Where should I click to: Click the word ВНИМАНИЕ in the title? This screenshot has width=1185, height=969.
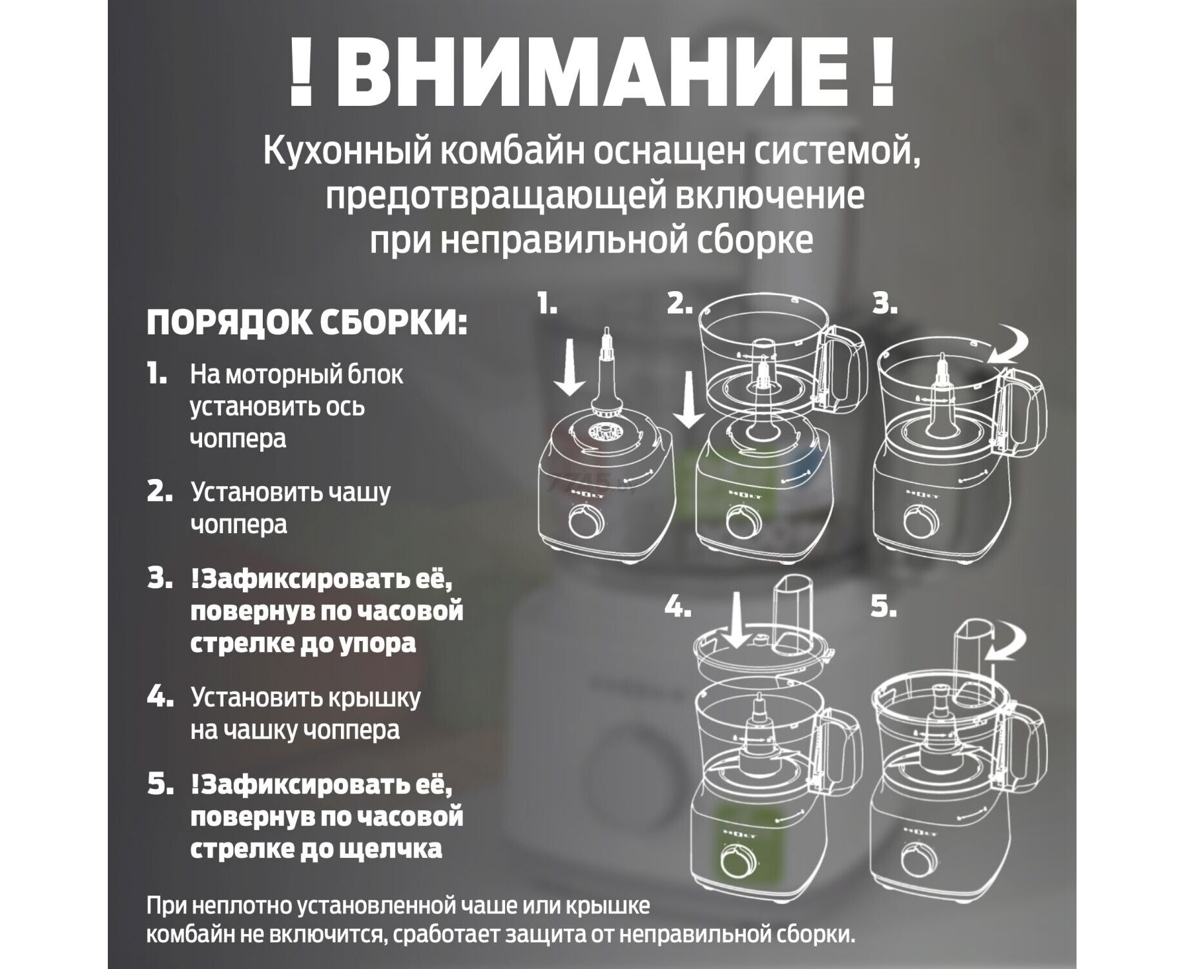tap(592, 72)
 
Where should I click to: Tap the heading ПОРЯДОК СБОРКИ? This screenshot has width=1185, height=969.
tap(307, 322)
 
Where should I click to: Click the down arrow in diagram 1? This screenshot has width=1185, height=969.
tap(568, 369)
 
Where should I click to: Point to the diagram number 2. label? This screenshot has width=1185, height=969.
tap(679, 303)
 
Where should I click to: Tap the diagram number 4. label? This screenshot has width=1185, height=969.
tap(678, 607)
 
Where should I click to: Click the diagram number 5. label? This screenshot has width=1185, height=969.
tap(883, 607)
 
